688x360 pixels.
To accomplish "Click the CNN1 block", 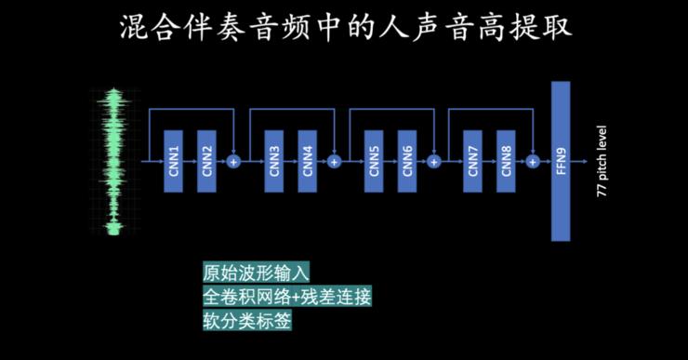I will [x=173, y=161].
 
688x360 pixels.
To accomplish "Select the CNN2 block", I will [x=206, y=161].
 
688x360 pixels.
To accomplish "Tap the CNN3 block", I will [x=274, y=161].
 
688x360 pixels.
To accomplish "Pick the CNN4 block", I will [x=308, y=161].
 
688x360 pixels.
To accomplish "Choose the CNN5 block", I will [x=374, y=161].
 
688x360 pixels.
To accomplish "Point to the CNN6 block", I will [x=407, y=161].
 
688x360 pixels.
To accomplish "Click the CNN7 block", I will [x=473, y=161].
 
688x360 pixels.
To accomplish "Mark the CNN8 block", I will [x=507, y=161].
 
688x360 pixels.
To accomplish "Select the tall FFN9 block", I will [x=560, y=161].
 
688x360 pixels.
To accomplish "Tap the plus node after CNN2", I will [x=234, y=161].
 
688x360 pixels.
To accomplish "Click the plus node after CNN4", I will [x=335, y=161].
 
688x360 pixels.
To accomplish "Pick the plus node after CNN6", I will [x=433, y=161].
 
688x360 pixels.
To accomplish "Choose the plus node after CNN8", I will [x=533, y=161].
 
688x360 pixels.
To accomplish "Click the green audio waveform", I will [x=115, y=162].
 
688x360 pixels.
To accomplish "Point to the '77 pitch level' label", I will [x=602, y=161].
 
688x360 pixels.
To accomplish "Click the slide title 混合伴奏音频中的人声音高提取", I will [x=345, y=27].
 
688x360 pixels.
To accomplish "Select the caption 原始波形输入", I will [x=255, y=273].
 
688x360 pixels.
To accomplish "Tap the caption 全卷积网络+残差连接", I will [x=286, y=297].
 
